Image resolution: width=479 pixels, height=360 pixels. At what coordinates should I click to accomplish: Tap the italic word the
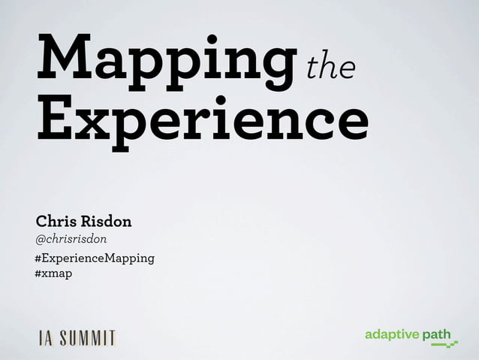click(330, 68)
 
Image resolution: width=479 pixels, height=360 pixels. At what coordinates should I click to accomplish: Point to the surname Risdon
click(107, 222)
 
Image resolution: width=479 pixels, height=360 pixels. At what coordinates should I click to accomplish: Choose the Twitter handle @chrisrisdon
click(71, 239)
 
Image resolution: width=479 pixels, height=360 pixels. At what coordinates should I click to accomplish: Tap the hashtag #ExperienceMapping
click(95, 259)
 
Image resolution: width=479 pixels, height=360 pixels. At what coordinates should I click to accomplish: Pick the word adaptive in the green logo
click(391, 334)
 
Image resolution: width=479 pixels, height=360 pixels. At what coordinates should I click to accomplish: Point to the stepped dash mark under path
click(444, 345)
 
